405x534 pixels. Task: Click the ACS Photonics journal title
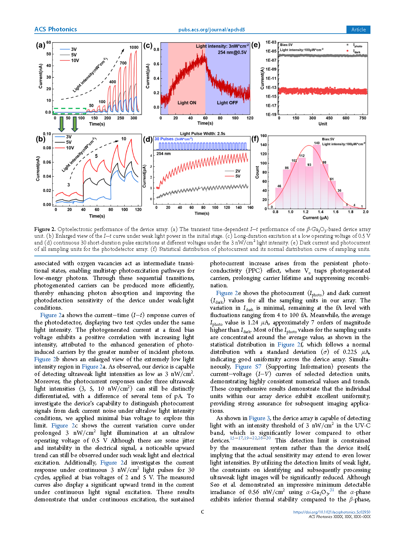pos(56,29)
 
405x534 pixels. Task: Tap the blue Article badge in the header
pos(358,30)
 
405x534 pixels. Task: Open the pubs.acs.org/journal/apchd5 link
pos(211,30)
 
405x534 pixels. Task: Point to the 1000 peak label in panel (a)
pos(134,47)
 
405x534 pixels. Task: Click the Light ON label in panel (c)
pos(187,103)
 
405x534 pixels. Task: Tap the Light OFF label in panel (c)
pos(227,103)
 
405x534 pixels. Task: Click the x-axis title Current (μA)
pos(315,218)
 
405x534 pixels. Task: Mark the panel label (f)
pos(255,139)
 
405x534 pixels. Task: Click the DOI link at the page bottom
pos(331,512)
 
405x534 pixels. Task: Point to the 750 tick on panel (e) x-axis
pos(363,118)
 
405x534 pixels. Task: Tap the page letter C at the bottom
pos(202,512)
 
